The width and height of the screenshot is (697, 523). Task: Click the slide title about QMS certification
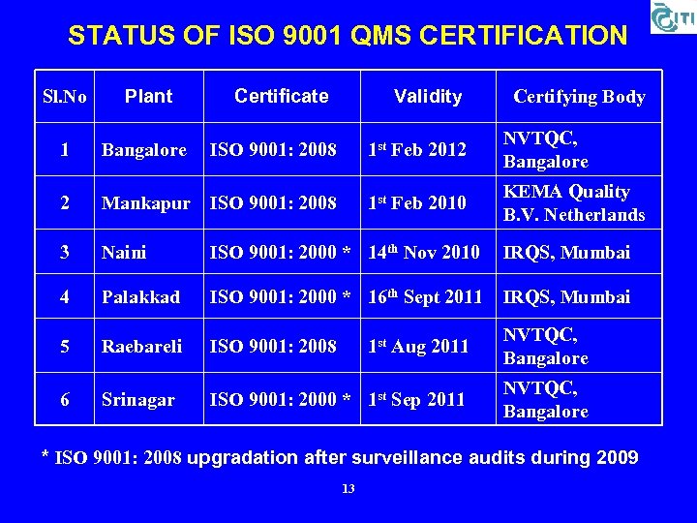tap(348, 36)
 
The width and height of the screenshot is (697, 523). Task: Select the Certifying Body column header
tap(579, 96)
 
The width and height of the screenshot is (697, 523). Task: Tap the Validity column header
tap(428, 96)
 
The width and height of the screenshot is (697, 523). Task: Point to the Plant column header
tap(149, 96)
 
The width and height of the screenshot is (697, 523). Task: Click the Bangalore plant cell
tap(144, 150)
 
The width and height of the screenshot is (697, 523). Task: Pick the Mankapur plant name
tap(146, 203)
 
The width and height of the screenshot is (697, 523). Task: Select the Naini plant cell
tap(124, 253)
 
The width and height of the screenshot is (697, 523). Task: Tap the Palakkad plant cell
tap(141, 297)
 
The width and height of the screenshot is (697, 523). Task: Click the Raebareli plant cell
tap(142, 346)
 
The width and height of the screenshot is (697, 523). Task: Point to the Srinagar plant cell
tap(138, 399)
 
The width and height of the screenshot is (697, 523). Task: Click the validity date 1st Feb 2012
tap(417, 150)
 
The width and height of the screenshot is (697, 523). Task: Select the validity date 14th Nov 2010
tap(424, 252)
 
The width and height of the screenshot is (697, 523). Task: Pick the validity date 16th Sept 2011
tap(425, 297)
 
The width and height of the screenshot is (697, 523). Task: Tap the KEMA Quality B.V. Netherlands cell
tap(574, 203)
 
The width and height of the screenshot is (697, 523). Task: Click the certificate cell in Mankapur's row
tap(274, 203)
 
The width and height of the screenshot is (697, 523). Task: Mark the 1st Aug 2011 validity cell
tap(418, 346)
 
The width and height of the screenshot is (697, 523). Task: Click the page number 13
tap(348, 489)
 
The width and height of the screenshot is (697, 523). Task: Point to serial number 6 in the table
tap(65, 399)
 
